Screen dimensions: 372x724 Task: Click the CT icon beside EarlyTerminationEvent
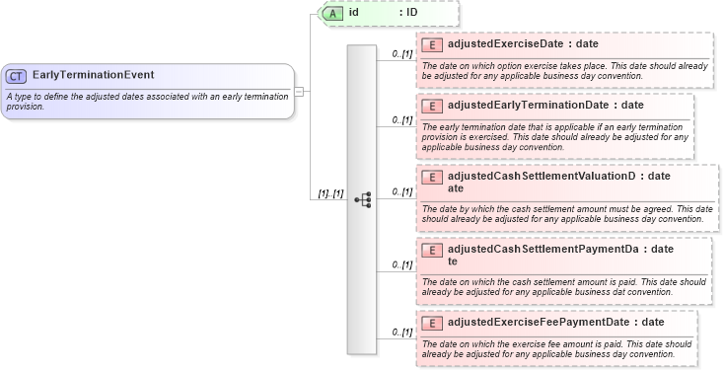click(16, 75)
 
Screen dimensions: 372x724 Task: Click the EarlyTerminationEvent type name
click(93, 75)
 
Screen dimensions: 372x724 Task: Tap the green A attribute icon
click(334, 13)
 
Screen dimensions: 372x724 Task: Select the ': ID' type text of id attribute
click(408, 13)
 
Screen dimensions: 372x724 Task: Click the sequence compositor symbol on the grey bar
click(362, 198)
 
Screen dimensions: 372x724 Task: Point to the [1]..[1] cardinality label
click(327, 193)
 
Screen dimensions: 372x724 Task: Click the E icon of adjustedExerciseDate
click(431, 44)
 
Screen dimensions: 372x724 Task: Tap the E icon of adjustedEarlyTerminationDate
click(431, 105)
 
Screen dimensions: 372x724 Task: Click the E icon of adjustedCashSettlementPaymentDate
click(431, 250)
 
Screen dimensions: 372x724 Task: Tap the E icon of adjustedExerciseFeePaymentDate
click(431, 322)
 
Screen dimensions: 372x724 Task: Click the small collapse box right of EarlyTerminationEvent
click(299, 92)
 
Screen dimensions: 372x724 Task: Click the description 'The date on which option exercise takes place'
click(557, 69)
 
